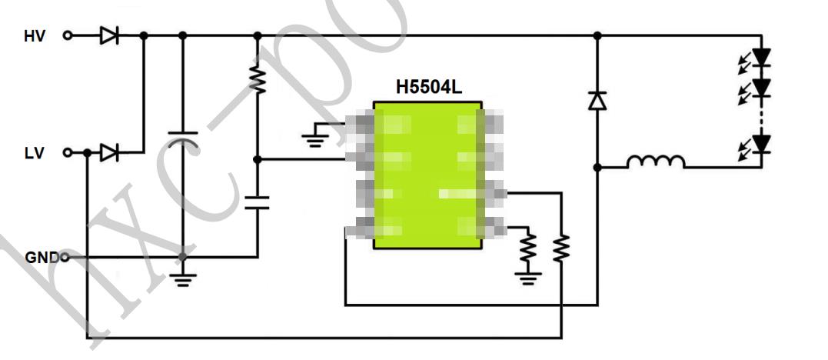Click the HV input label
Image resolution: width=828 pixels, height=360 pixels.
click(35, 35)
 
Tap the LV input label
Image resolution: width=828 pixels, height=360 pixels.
click(34, 153)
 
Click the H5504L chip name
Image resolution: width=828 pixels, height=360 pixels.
click(429, 88)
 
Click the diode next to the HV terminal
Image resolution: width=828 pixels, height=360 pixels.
click(109, 35)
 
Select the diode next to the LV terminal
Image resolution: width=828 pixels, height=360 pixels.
click(109, 153)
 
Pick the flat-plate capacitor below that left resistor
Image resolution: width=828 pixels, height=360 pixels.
click(258, 203)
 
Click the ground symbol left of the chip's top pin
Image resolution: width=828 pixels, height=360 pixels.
click(313, 138)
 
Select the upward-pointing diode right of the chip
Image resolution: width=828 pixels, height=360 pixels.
click(597, 100)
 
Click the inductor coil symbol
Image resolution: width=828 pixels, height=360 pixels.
click(655, 162)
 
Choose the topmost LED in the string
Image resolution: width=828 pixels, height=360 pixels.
click(761, 57)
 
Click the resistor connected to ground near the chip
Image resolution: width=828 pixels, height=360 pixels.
click(527, 247)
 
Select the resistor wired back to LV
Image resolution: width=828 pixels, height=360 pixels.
click(562, 247)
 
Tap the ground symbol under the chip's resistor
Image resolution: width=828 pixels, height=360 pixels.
click(527, 276)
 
